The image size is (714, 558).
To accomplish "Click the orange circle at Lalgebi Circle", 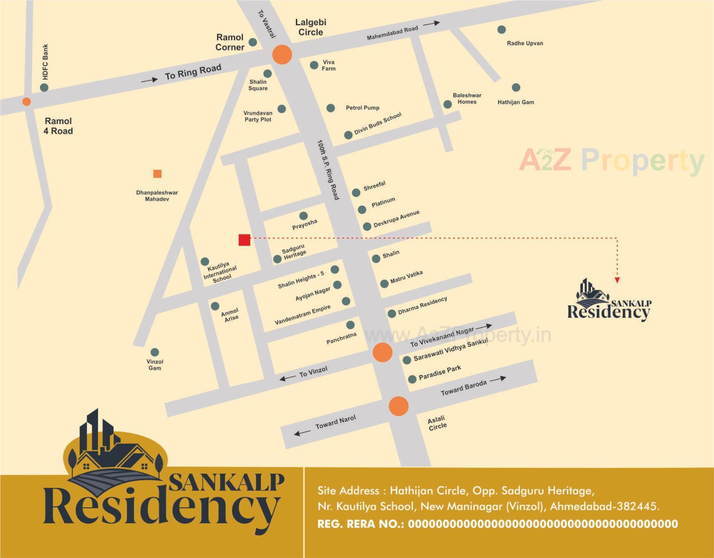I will click(282, 55).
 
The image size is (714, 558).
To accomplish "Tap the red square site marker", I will click(244, 240).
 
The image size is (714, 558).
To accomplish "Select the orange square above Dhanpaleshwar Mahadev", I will click(157, 174).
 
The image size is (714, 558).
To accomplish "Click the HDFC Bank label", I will click(45, 62).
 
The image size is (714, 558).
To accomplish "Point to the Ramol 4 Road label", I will click(58, 126).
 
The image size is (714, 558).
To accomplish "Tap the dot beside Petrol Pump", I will click(331, 108).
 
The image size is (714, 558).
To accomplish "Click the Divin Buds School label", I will click(377, 123).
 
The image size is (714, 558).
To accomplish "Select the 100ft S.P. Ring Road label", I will click(328, 170).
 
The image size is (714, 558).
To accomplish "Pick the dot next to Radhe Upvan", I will click(501, 29).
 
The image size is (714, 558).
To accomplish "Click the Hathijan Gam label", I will click(515, 102).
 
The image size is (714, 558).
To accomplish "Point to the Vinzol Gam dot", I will click(155, 352).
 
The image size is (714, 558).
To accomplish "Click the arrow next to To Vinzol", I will click(287, 378).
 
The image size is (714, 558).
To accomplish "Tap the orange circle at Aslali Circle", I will click(399, 406).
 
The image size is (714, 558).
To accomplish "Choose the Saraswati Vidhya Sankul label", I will click(450, 350).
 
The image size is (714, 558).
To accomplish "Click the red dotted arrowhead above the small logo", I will click(617, 280).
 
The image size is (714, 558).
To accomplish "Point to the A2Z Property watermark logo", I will click(611, 160).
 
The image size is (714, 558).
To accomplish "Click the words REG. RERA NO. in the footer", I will click(360, 524).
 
